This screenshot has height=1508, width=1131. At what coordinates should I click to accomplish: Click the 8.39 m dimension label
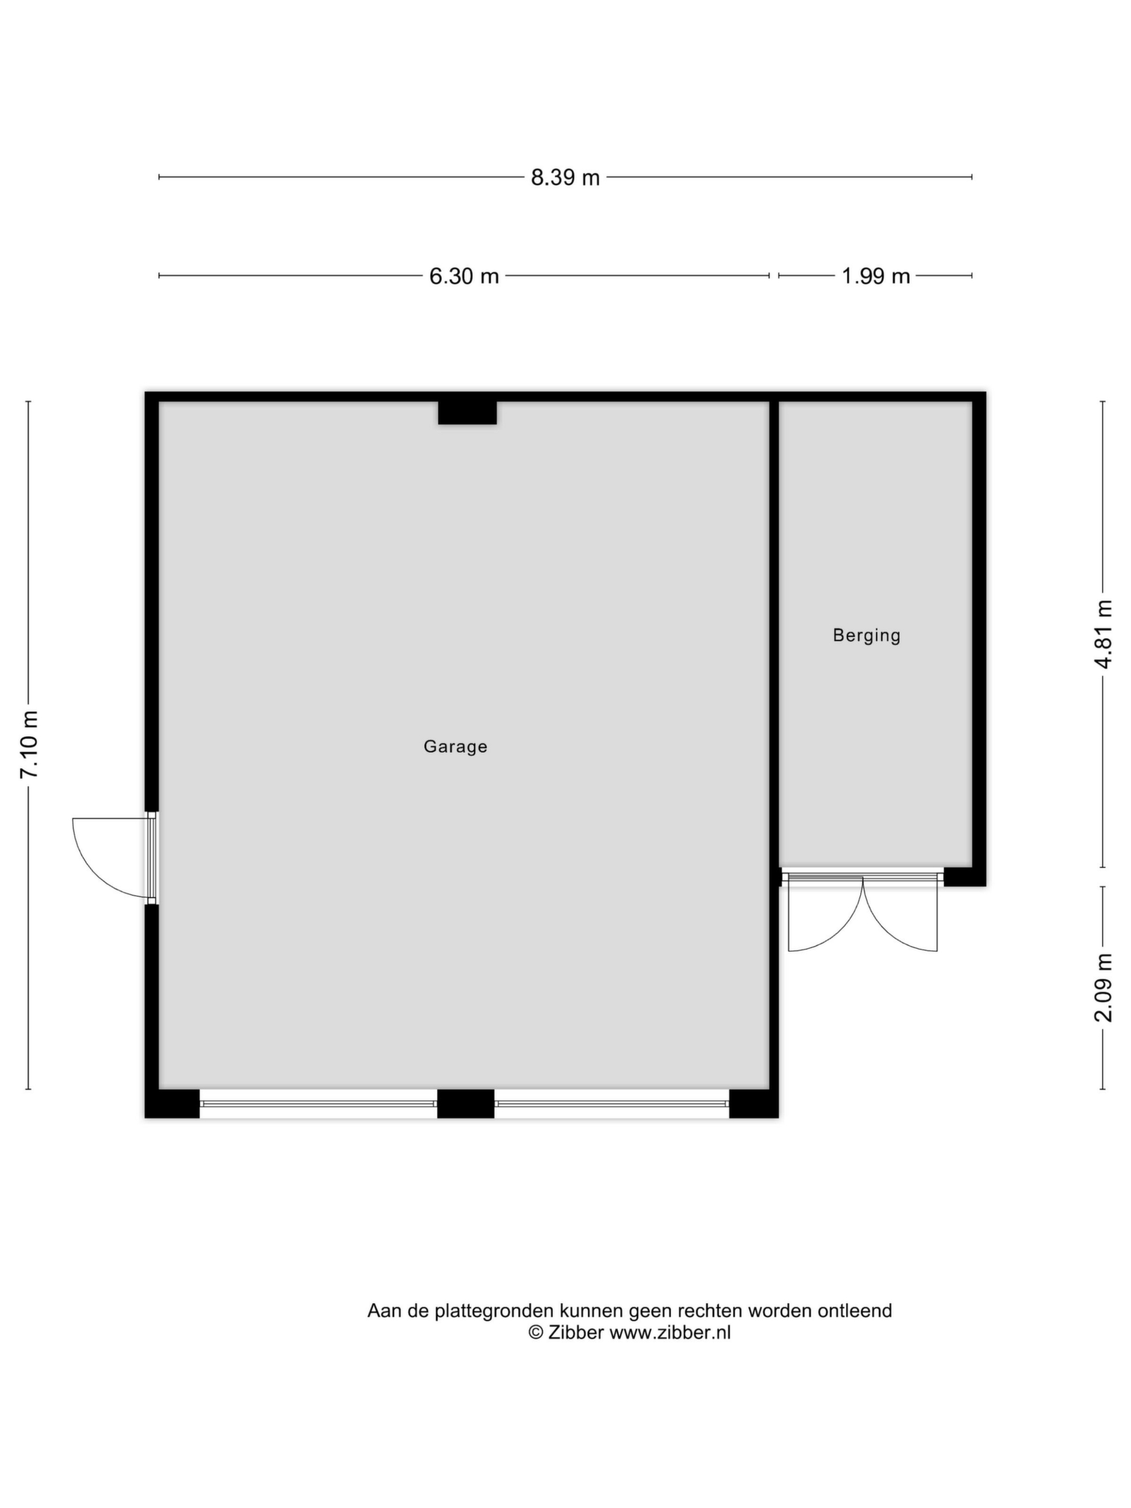(x=565, y=177)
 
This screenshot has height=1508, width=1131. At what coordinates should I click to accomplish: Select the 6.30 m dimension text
(x=464, y=276)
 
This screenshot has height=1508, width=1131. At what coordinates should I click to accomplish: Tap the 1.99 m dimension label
(x=876, y=276)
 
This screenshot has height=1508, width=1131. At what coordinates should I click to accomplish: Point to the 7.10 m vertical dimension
(x=29, y=745)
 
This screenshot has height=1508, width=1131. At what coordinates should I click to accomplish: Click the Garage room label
(x=455, y=746)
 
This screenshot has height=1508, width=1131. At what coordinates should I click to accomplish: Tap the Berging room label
(x=867, y=636)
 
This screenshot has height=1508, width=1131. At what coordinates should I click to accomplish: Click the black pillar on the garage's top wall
(x=467, y=412)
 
